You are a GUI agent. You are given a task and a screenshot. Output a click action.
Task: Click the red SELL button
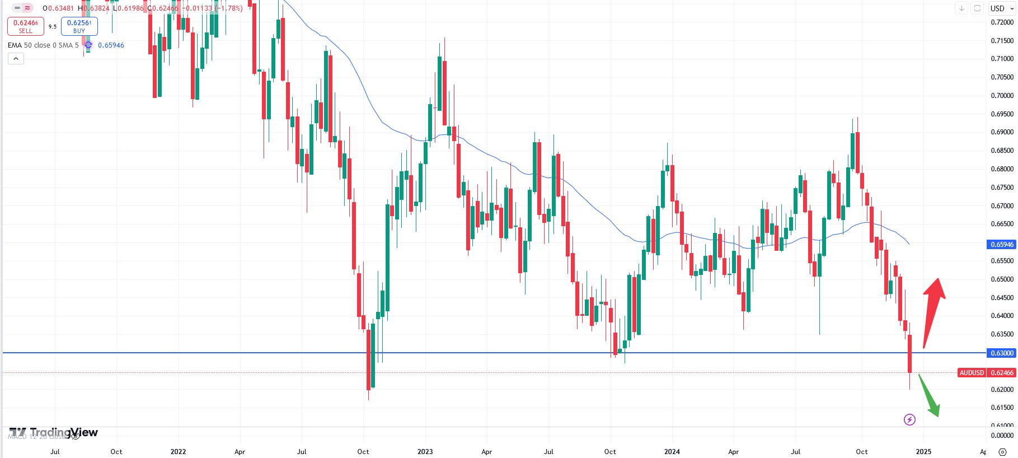pyautogui.click(x=25, y=26)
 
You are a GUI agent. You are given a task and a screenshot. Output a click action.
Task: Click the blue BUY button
pyautogui.click(x=79, y=26)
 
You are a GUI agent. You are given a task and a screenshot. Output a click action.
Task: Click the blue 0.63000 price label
pyautogui.click(x=1002, y=353)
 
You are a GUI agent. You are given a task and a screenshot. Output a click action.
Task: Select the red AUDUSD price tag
pyautogui.click(x=972, y=373)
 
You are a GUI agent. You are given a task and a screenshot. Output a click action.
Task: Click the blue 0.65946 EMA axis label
pyautogui.click(x=1002, y=245)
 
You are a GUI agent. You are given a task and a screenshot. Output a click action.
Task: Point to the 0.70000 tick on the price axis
pyautogui.click(x=1002, y=96)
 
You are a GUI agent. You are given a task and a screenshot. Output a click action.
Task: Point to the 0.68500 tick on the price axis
pyautogui.click(x=1002, y=151)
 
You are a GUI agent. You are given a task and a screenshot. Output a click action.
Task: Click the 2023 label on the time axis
pyautogui.click(x=425, y=452)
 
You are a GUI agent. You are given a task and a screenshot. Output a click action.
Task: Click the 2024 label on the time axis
pyautogui.click(x=672, y=452)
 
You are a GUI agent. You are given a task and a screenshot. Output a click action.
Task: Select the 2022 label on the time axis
pyautogui.click(x=178, y=452)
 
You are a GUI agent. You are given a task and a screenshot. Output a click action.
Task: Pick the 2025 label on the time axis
pyautogui.click(x=923, y=452)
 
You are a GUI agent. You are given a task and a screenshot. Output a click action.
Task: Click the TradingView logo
pyautogui.click(x=54, y=433)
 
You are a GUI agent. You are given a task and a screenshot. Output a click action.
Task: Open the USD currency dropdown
pyautogui.click(x=1001, y=8)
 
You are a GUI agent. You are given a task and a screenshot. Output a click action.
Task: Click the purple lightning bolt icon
pyautogui.click(x=909, y=419)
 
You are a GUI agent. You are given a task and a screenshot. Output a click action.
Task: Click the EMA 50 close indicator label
pyautogui.click(x=44, y=45)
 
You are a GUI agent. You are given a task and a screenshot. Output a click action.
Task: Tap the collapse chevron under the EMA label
pyautogui.click(x=16, y=59)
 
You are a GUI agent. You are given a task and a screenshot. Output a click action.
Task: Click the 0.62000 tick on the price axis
pyautogui.click(x=1002, y=390)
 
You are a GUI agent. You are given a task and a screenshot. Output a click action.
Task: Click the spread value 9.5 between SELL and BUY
pyautogui.click(x=53, y=26)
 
